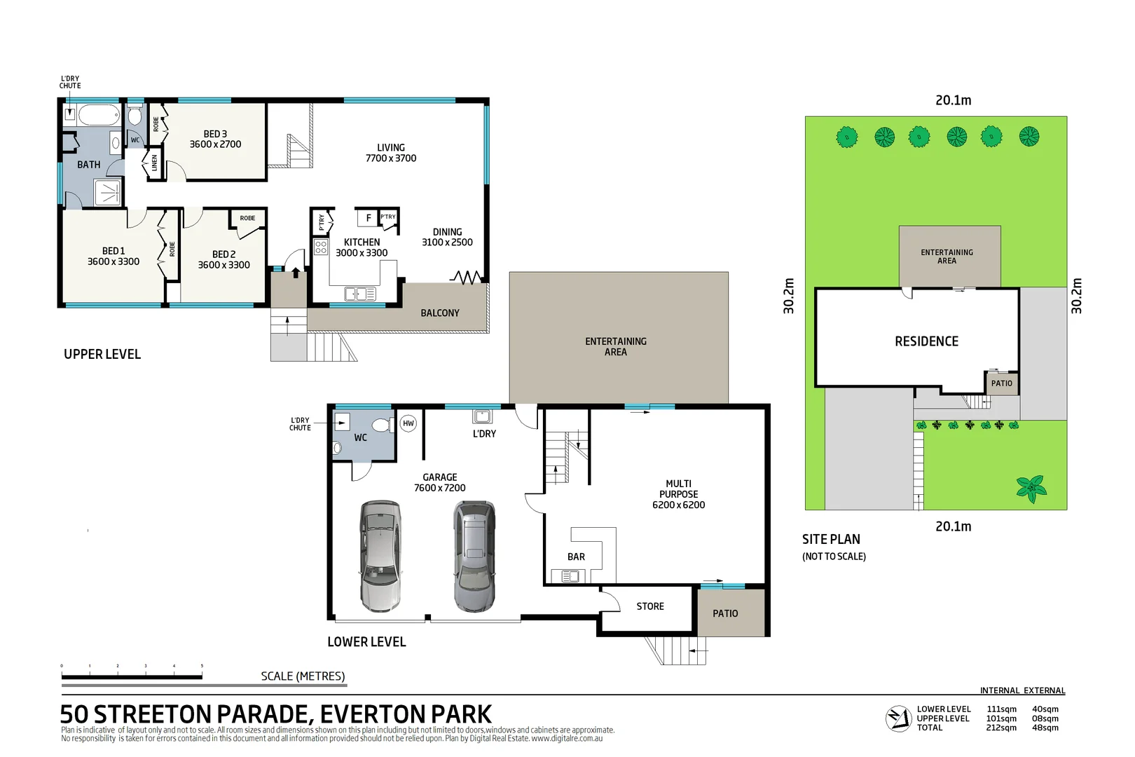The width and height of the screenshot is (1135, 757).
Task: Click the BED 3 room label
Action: [215, 139]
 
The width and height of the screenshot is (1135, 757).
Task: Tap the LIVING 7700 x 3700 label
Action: [391, 153]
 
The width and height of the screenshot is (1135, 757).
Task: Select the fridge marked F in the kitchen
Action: [368, 218]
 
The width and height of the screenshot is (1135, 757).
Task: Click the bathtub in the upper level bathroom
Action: [99, 115]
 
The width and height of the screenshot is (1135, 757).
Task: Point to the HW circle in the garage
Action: [408, 423]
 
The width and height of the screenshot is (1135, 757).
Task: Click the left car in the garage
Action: [380, 555]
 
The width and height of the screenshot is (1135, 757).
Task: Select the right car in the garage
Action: [474, 555]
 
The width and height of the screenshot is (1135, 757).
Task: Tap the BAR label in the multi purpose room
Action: [576, 557]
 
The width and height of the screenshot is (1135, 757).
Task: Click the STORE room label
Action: [650, 606]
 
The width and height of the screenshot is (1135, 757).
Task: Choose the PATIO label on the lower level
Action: [725, 613]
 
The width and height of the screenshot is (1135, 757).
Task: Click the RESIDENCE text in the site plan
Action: [926, 341]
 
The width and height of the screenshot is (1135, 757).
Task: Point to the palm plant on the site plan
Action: [1031, 488]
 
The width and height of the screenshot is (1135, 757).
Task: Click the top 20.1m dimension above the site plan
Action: [953, 100]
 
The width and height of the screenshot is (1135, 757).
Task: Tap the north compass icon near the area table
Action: [898, 718]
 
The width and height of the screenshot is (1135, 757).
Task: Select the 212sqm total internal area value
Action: [1001, 728]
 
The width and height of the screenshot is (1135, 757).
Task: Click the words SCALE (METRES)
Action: [303, 676]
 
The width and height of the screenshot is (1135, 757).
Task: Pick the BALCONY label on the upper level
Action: [440, 313]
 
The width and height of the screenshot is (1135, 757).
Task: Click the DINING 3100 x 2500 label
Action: [447, 237]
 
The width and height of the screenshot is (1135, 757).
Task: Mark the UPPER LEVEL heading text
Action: [102, 354]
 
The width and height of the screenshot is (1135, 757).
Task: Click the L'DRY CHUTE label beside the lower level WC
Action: [300, 424]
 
